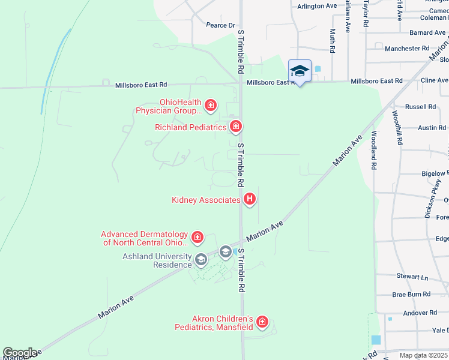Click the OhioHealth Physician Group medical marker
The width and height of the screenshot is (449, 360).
[210, 106]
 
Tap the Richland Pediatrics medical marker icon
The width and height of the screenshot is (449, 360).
[236, 127]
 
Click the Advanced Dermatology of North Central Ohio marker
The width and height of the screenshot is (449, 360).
[197, 238]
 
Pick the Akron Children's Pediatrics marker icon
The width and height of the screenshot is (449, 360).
[262, 323]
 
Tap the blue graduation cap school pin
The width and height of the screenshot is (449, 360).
[300, 71]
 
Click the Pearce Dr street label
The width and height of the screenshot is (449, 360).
[220, 25]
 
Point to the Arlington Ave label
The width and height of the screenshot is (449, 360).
[318, 6]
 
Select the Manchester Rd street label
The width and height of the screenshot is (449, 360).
[407, 48]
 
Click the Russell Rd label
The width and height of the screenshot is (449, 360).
[420, 107]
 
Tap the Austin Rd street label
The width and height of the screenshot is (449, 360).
[432, 128]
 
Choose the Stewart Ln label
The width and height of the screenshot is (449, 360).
[412, 277]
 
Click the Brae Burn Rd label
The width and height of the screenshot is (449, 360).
[411, 295]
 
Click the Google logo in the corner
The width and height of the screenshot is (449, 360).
[19, 353]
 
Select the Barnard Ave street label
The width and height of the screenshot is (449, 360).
[427, 32]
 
